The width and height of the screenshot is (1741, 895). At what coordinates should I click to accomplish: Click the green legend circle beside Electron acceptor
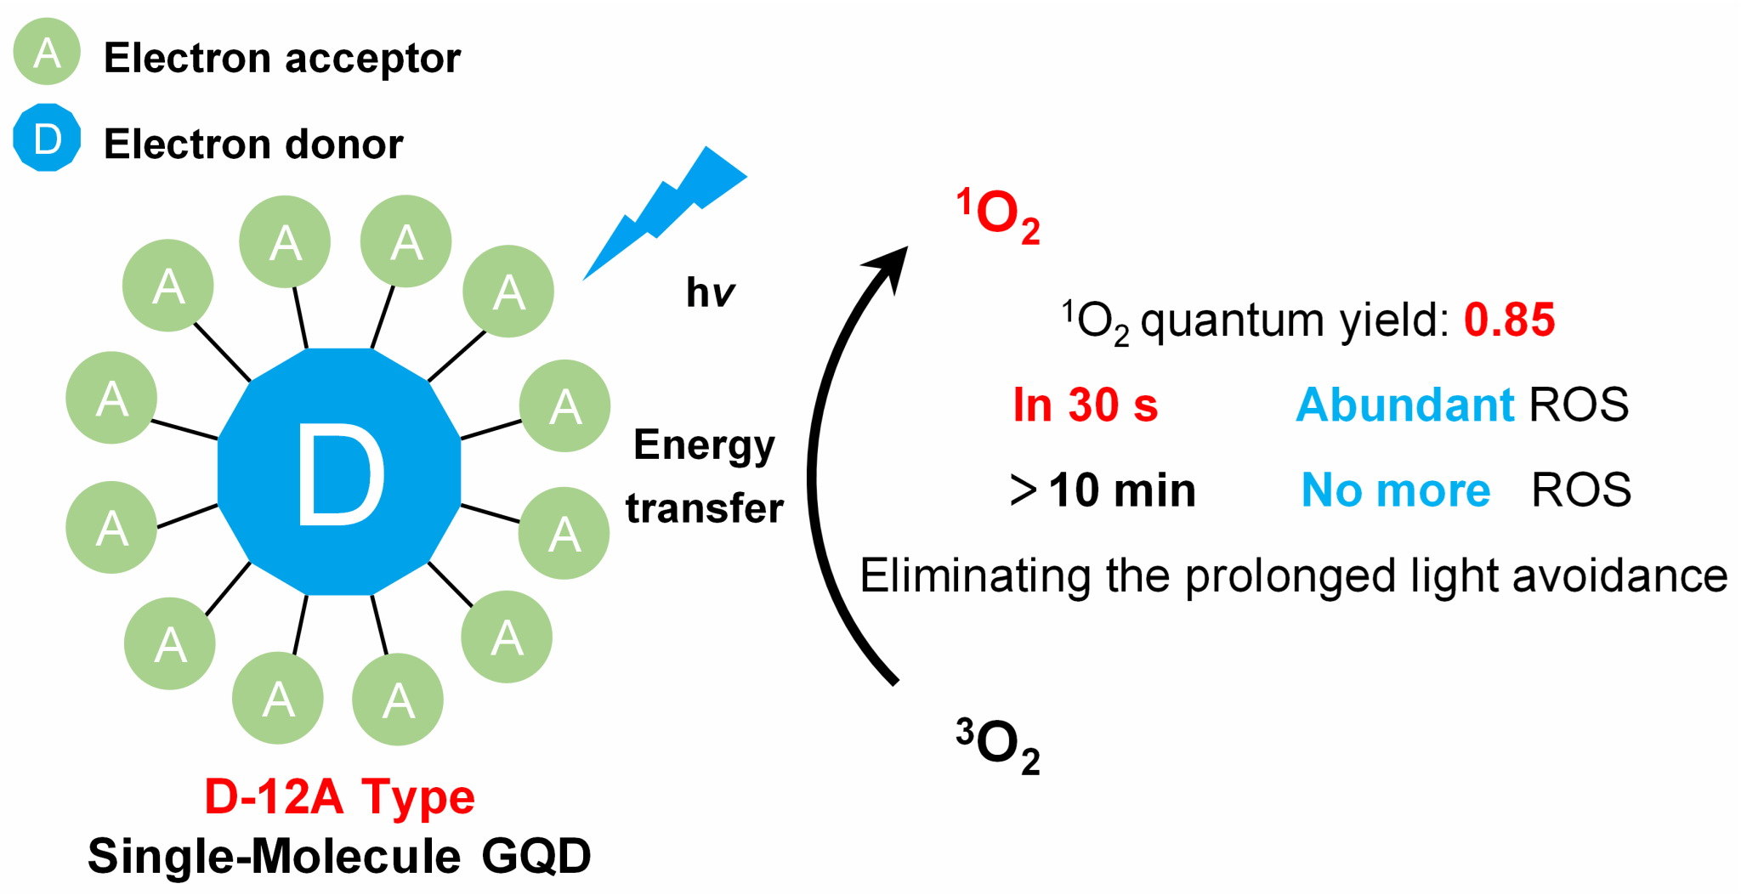pos(47,52)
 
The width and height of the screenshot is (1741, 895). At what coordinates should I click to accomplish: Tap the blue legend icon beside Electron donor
pos(47,138)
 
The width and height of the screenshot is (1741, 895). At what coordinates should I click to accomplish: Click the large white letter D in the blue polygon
pos(339,473)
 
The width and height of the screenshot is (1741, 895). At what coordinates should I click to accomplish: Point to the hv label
pos(710,293)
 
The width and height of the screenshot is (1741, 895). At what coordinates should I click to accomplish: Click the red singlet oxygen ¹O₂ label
pos(998,216)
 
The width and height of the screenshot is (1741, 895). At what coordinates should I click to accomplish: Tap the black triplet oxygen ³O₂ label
pos(998,745)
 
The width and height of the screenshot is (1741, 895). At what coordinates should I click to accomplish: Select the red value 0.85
pos(1509,320)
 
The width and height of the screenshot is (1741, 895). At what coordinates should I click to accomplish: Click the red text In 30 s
pos(1085,405)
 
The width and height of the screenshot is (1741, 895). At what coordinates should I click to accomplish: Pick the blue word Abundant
pos(1404,405)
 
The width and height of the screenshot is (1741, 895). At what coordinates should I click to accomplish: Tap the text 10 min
pos(1122,490)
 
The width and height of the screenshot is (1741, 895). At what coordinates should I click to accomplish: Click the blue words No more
pos(1396,490)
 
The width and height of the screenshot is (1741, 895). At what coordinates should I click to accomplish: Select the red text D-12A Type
pos(339,797)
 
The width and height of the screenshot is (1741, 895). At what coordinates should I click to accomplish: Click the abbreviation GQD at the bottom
pos(536,856)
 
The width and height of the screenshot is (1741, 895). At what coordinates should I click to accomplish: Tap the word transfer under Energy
pos(704,508)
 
